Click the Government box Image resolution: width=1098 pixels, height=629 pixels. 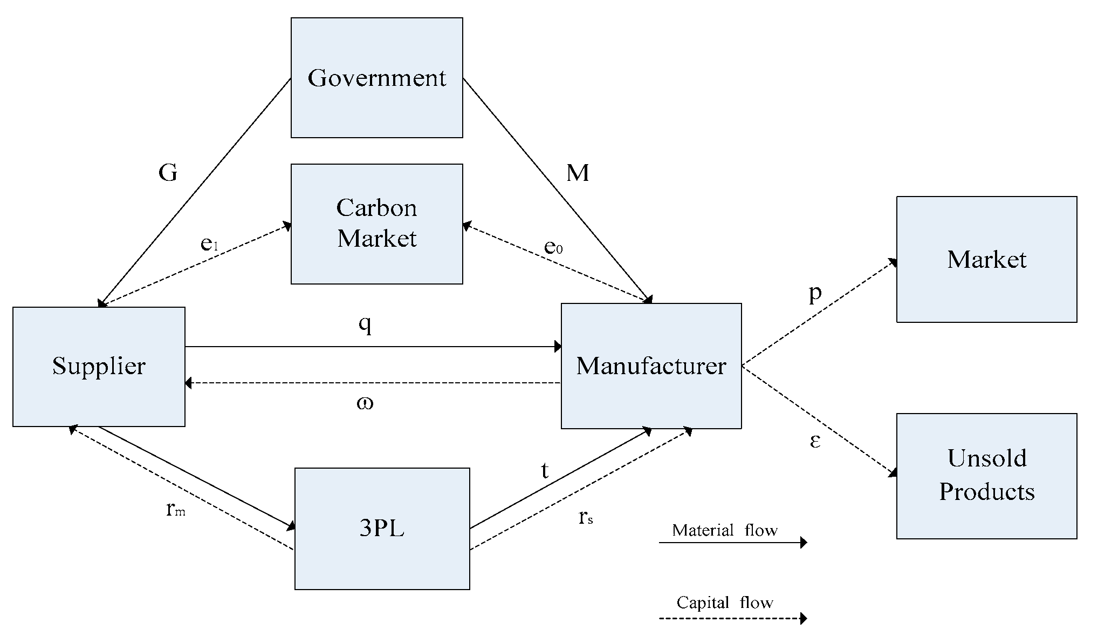[376, 78]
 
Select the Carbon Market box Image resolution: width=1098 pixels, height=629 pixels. [376, 224]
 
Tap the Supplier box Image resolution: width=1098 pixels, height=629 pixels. [99, 367]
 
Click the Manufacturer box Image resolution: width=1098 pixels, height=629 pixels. [651, 366]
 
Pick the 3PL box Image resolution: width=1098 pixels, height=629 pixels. [382, 529]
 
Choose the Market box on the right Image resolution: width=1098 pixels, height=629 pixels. [986, 260]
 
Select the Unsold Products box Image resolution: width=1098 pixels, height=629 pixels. [986, 476]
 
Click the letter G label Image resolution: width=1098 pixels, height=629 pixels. [168, 173]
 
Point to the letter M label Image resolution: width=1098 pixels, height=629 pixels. [578, 173]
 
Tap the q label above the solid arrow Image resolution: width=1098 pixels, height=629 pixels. [365, 324]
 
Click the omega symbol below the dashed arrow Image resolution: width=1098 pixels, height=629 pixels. [365, 403]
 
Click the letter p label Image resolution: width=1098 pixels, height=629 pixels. [815, 294]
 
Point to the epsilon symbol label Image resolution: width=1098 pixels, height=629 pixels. [815, 441]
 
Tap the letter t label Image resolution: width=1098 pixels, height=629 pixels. [545, 471]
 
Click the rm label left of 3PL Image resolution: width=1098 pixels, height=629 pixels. [176, 509]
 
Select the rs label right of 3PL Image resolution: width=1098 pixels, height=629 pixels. [586, 517]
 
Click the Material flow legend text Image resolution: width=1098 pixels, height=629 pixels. [724, 530]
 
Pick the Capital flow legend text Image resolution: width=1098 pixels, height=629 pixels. [724, 603]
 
